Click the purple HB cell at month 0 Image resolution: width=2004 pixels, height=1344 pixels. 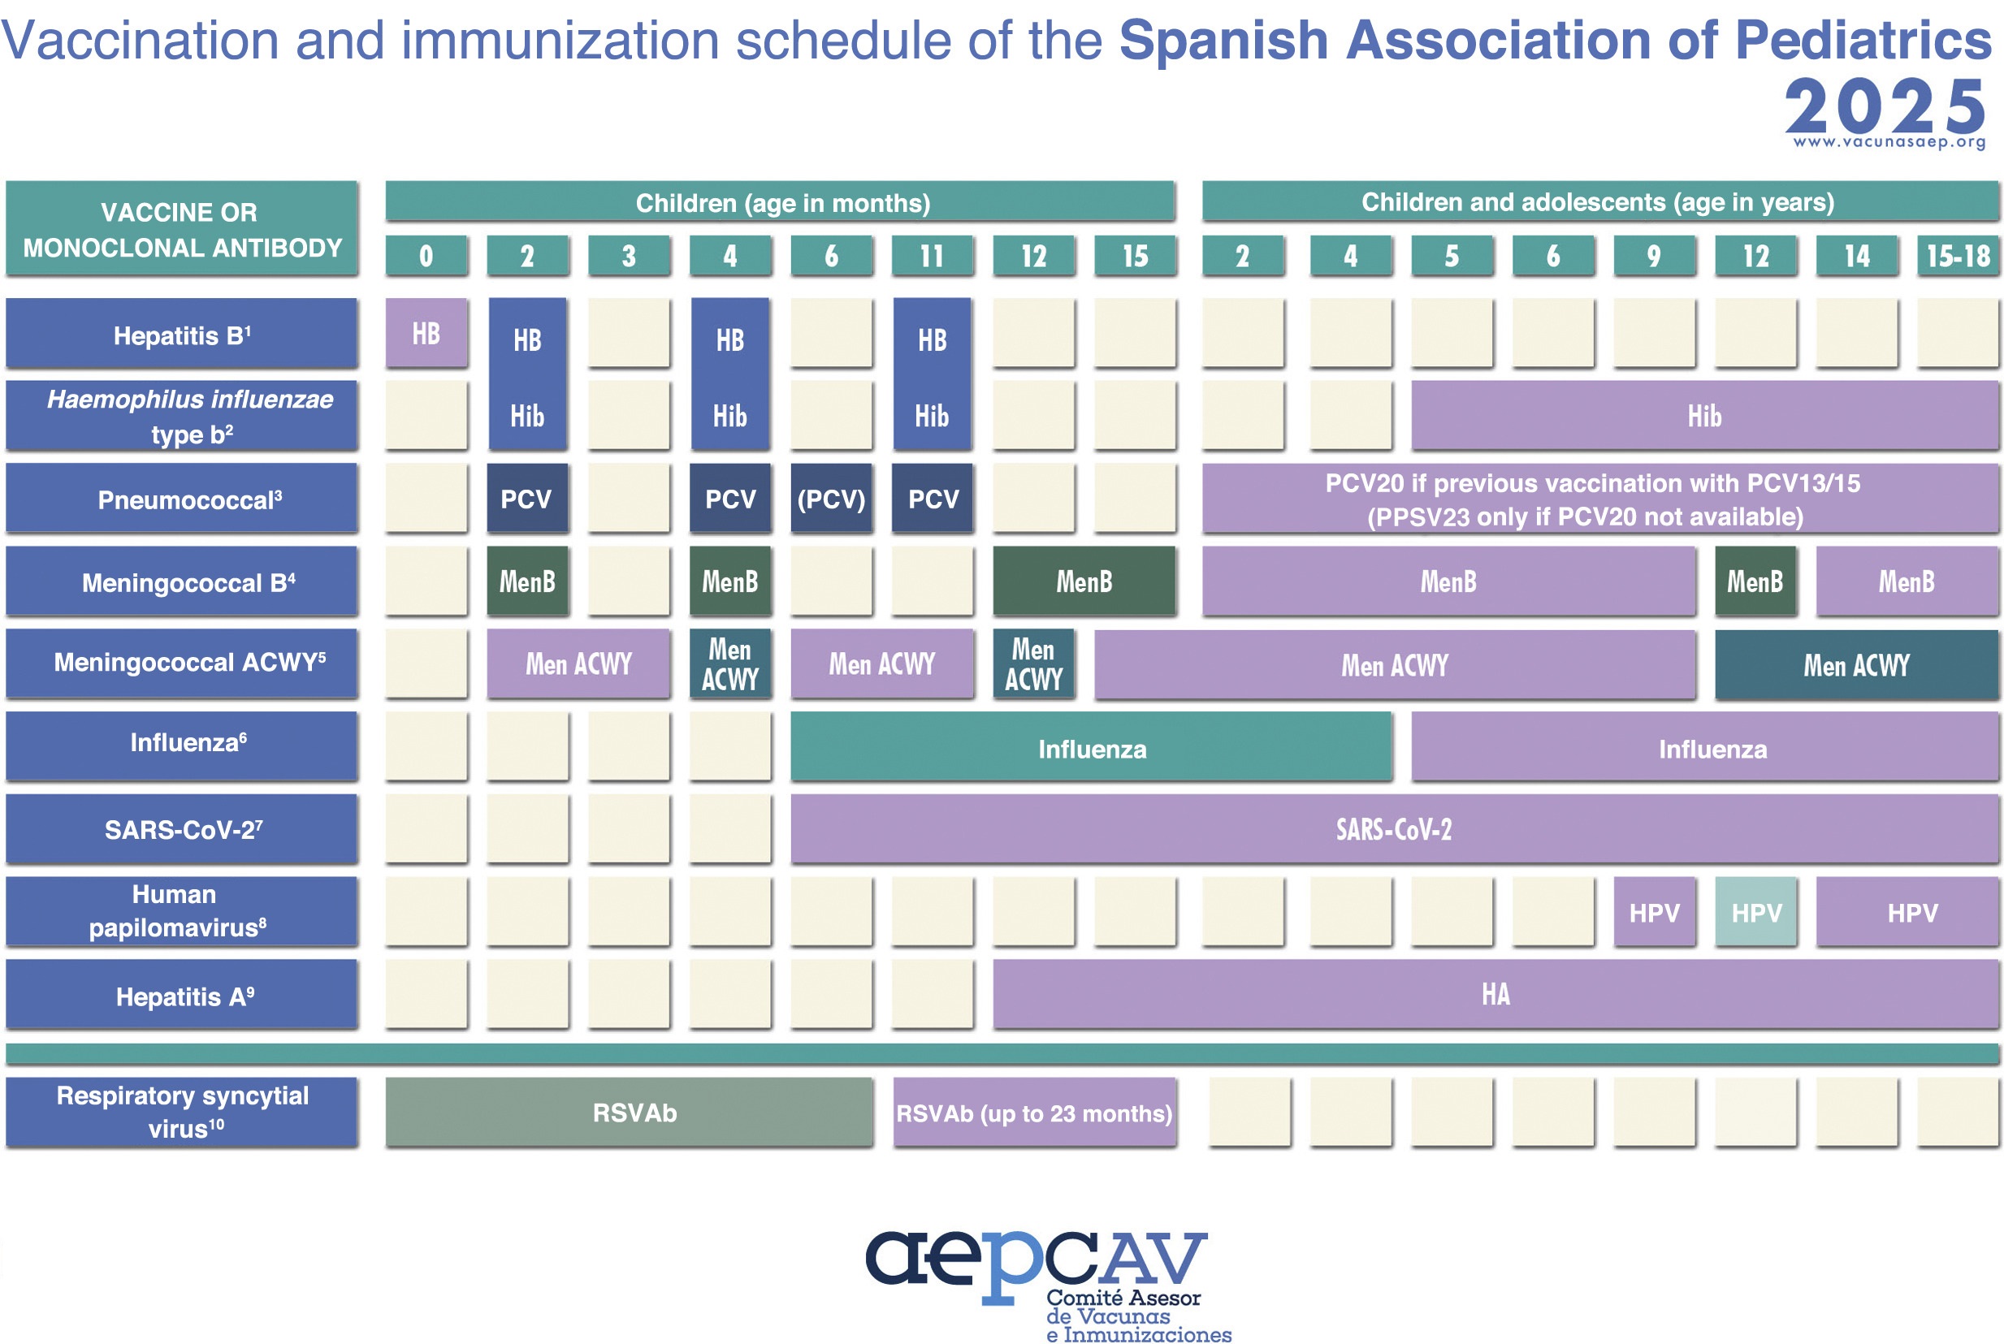426,333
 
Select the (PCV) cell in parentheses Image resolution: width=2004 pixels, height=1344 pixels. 830,498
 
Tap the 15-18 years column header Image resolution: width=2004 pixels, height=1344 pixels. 1958,256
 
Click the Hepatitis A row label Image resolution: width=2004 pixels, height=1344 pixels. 182,994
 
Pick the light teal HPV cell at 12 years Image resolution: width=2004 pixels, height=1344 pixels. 1755,912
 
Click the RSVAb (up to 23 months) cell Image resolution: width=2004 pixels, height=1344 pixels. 1034,1113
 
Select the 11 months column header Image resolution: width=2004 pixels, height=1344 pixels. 932,256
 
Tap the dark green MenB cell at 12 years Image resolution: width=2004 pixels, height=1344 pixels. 1755,581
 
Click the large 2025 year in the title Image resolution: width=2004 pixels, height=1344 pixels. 1885,106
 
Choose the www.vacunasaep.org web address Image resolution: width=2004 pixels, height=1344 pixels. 1889,142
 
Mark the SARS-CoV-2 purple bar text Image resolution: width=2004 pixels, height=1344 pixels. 1394,829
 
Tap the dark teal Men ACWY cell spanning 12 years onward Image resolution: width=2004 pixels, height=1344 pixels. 1857,664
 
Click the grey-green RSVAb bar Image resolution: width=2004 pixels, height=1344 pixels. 629,1113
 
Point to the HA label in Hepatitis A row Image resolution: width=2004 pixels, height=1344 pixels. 1495,994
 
